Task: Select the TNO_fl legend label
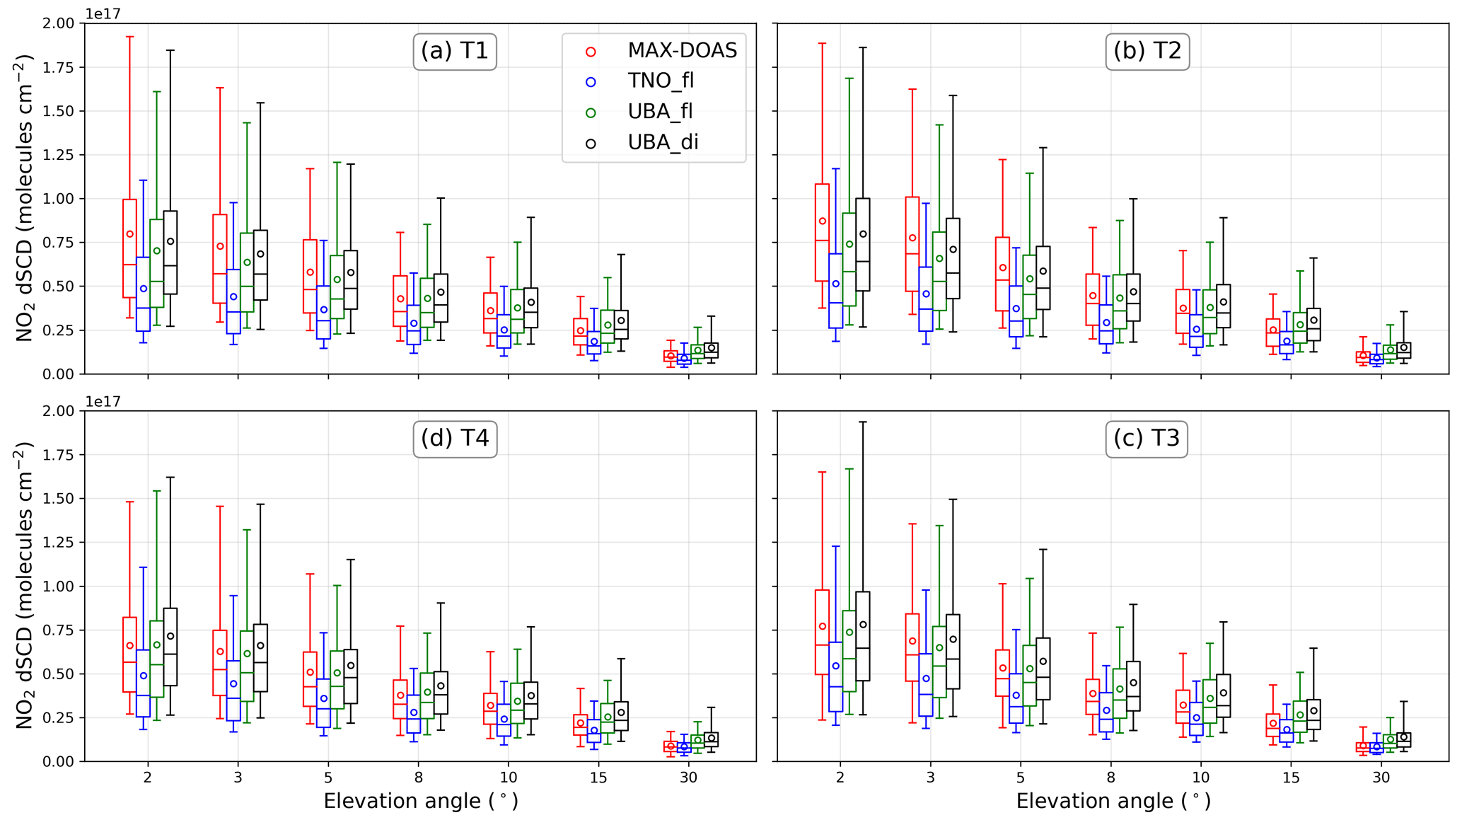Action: coord(661,81)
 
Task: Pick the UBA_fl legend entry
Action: coord(660,112)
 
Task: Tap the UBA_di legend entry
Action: coord(663,142)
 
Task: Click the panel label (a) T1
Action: coord(455,52)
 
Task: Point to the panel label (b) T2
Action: coord(1147,52)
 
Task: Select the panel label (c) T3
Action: coord(1147,439)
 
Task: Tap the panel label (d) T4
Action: coord(455,439)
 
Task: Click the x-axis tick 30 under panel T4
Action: coord(688,778)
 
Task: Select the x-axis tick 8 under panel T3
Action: coord(1111,778)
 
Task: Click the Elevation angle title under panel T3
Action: coord(1113,802)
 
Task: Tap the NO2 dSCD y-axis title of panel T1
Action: coord(25,198)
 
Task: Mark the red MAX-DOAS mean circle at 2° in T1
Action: coord(129,234)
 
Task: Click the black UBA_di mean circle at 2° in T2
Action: coord(863,234)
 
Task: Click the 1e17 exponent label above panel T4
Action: coord(103,402)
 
